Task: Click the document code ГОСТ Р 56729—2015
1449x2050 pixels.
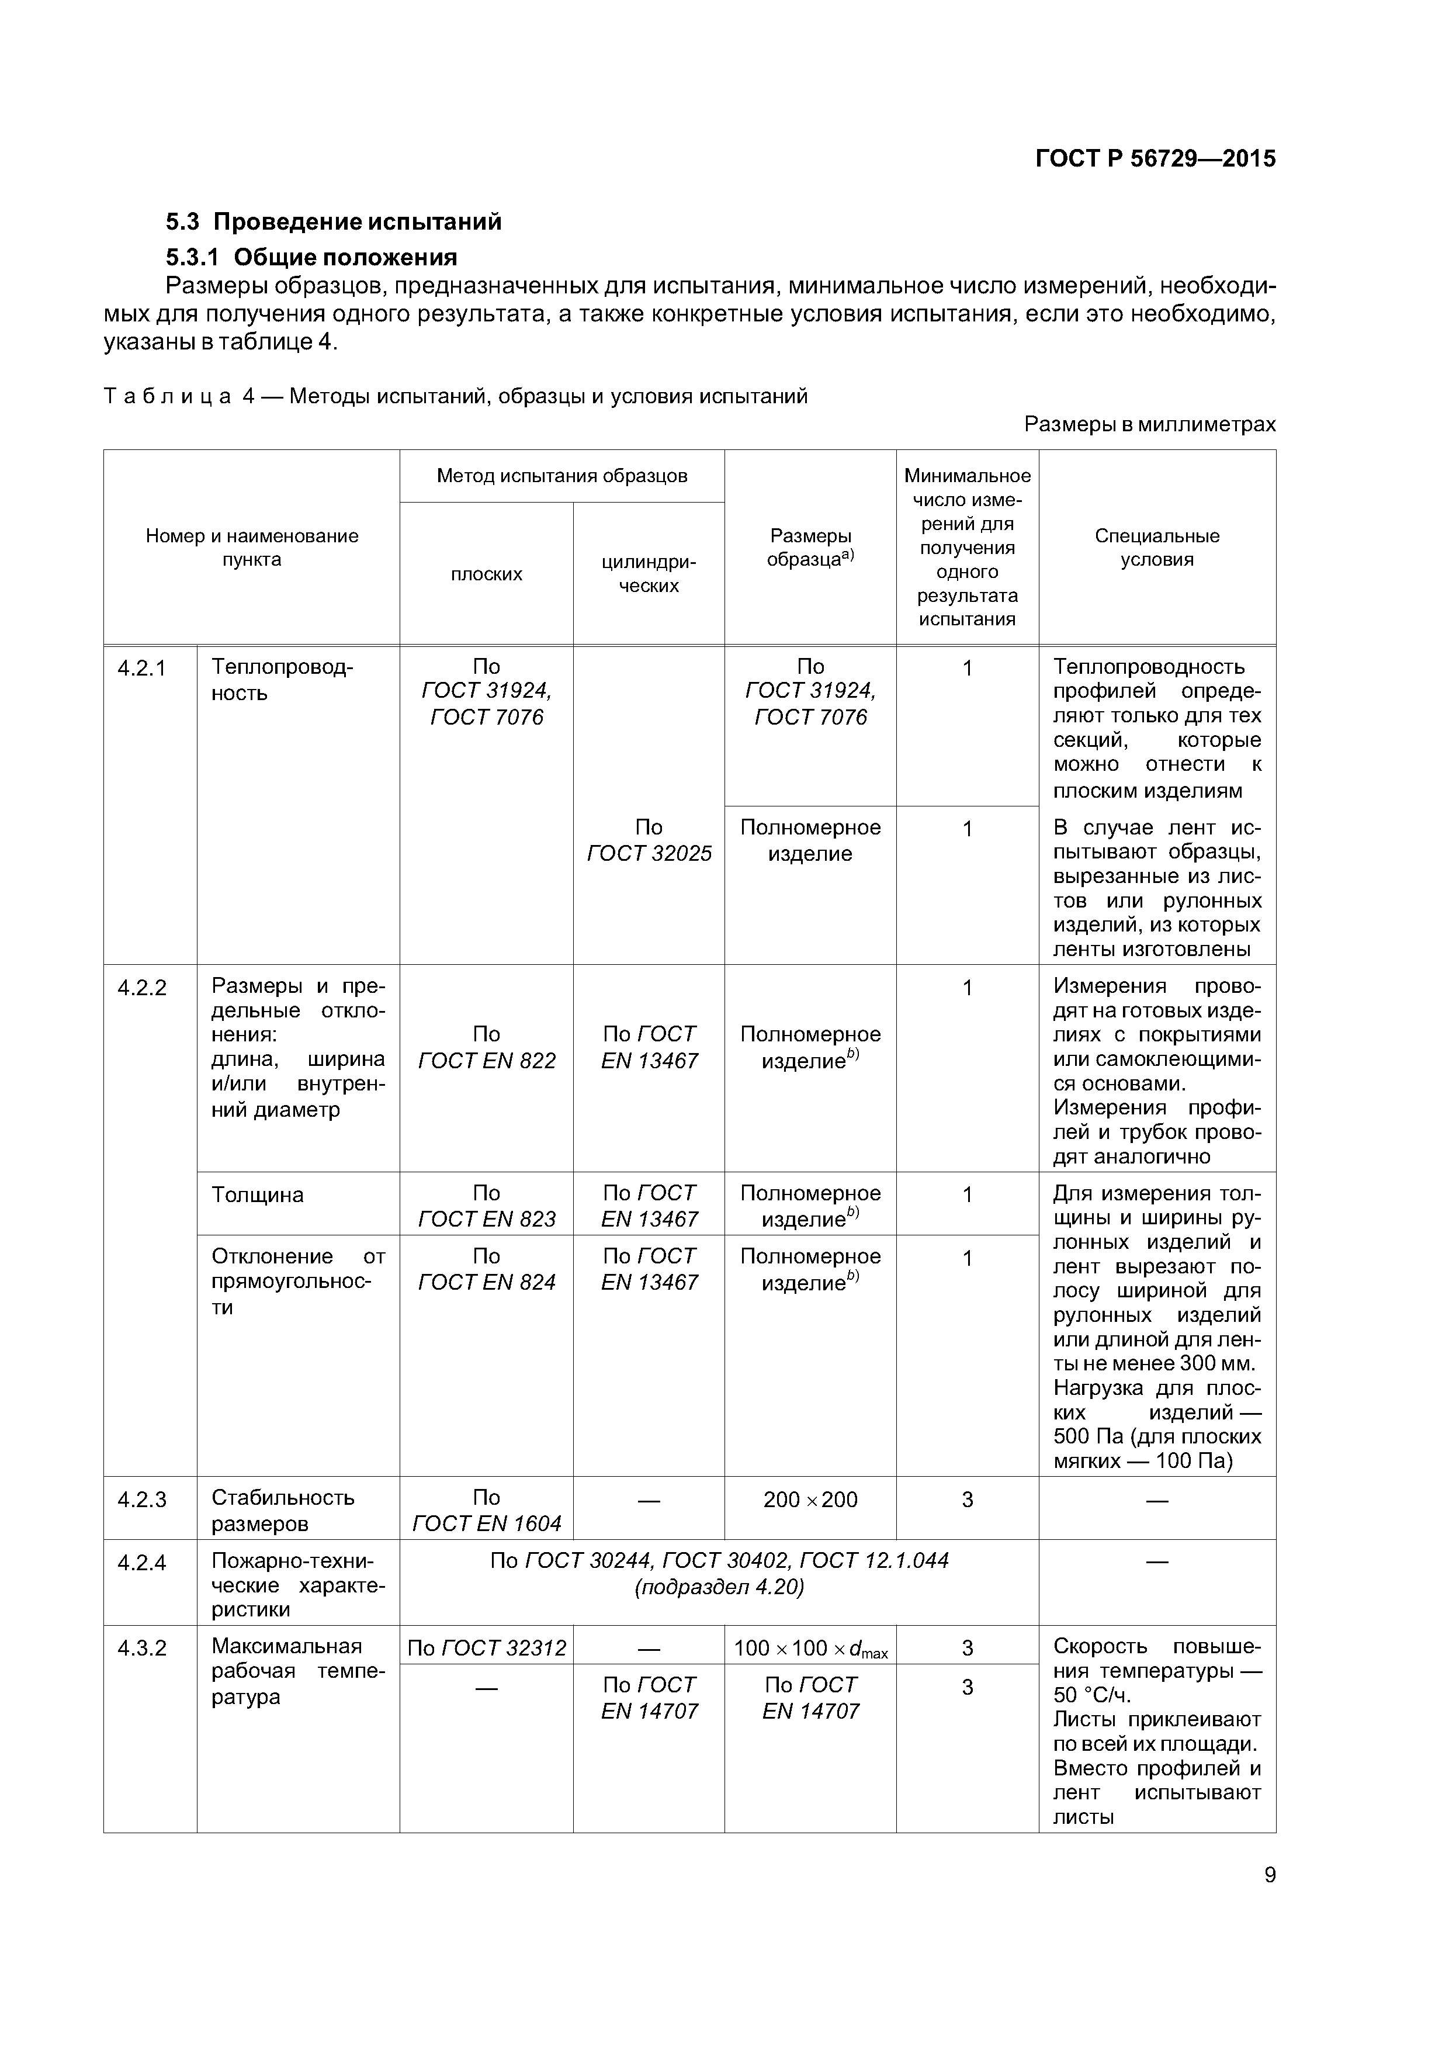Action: coord(1155,159)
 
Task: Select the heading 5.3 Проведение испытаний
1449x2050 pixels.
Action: coord(334,221)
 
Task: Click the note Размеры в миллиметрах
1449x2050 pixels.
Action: coord(1149,424)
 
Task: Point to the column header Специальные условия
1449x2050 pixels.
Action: coord(1156,548)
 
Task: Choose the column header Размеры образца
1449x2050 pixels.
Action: coord(810,548)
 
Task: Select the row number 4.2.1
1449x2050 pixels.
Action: coord(142,668)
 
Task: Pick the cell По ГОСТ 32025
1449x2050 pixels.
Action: coord(649,840)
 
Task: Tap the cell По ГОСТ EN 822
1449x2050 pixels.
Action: coord(487,1047)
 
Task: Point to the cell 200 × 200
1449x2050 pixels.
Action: coord(810,1499)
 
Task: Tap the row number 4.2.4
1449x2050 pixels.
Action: coord(142,1563)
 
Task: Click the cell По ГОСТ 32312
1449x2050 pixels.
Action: coord(487,1648)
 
